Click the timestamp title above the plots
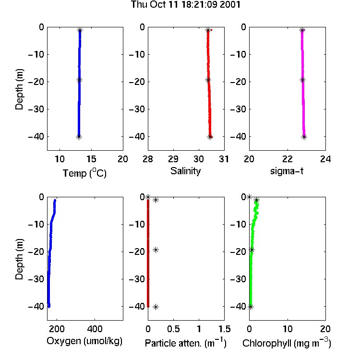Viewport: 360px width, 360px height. [185, 5]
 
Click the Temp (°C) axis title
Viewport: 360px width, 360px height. [84, 173]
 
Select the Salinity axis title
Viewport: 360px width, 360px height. [185, 171]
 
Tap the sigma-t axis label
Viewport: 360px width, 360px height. [287, 171]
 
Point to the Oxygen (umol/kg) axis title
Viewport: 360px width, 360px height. [84, 341]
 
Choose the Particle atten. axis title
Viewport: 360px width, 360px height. [186, 343]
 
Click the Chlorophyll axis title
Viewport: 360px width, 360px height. [287, 343]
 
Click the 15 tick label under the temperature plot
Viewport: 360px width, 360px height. [91, 159]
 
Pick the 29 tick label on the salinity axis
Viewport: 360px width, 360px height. [173, 159]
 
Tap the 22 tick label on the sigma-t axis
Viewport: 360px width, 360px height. [288, 159]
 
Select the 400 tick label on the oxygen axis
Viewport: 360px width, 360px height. [95, 329]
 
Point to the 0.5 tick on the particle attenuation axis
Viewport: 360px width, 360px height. [173, 329]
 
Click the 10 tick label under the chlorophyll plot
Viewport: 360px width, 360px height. [288, 329]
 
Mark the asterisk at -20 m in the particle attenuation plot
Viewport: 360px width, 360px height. [156, 250]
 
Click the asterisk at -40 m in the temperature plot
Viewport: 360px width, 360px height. [79, 137]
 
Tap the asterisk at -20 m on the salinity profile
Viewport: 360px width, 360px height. [208, 80]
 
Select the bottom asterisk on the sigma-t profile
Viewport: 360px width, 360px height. [304, 137]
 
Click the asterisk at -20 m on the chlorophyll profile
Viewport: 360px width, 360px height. [252, 250]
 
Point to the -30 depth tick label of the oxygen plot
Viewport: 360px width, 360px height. [36, 279]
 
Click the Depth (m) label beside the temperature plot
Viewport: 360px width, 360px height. [19, 89]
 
